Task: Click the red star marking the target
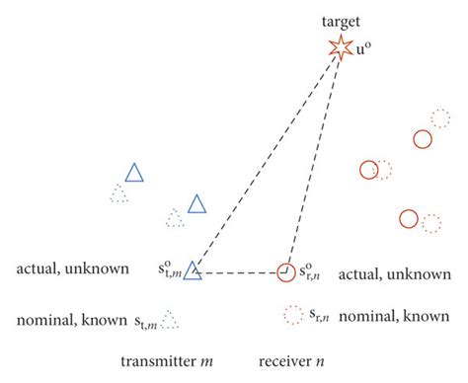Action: coord(340,46)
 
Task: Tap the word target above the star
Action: coord(343,19)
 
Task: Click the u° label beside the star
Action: coord(363,46)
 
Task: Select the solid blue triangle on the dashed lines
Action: coord(193,268)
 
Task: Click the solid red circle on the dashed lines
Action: coord(286,269)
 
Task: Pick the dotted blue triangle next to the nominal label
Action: coord(170,320)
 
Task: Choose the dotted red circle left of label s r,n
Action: coord(292,316)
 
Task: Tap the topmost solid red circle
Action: coord(423,139)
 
